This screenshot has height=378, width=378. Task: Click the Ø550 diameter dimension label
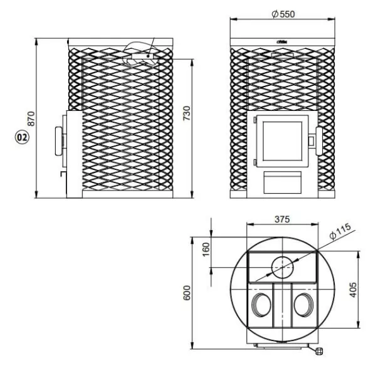click(x=283, y=14)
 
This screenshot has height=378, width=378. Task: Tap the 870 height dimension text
click(x=31, y=118)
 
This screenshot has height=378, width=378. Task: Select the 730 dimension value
click(x=187, y=113)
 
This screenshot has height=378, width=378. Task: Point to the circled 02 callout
click(x=22, y=137)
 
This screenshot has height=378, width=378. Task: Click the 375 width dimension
click(x=282, y=219)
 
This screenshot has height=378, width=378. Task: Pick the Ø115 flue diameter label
click(x=340, y=231)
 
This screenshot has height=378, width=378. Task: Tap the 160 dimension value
click(x=206, y=249)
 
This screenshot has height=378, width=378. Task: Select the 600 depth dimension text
click(x=187, y=293)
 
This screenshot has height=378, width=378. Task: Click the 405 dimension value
click(x=353, y=290)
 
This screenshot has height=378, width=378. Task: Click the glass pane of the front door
click(x=282, y=141)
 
